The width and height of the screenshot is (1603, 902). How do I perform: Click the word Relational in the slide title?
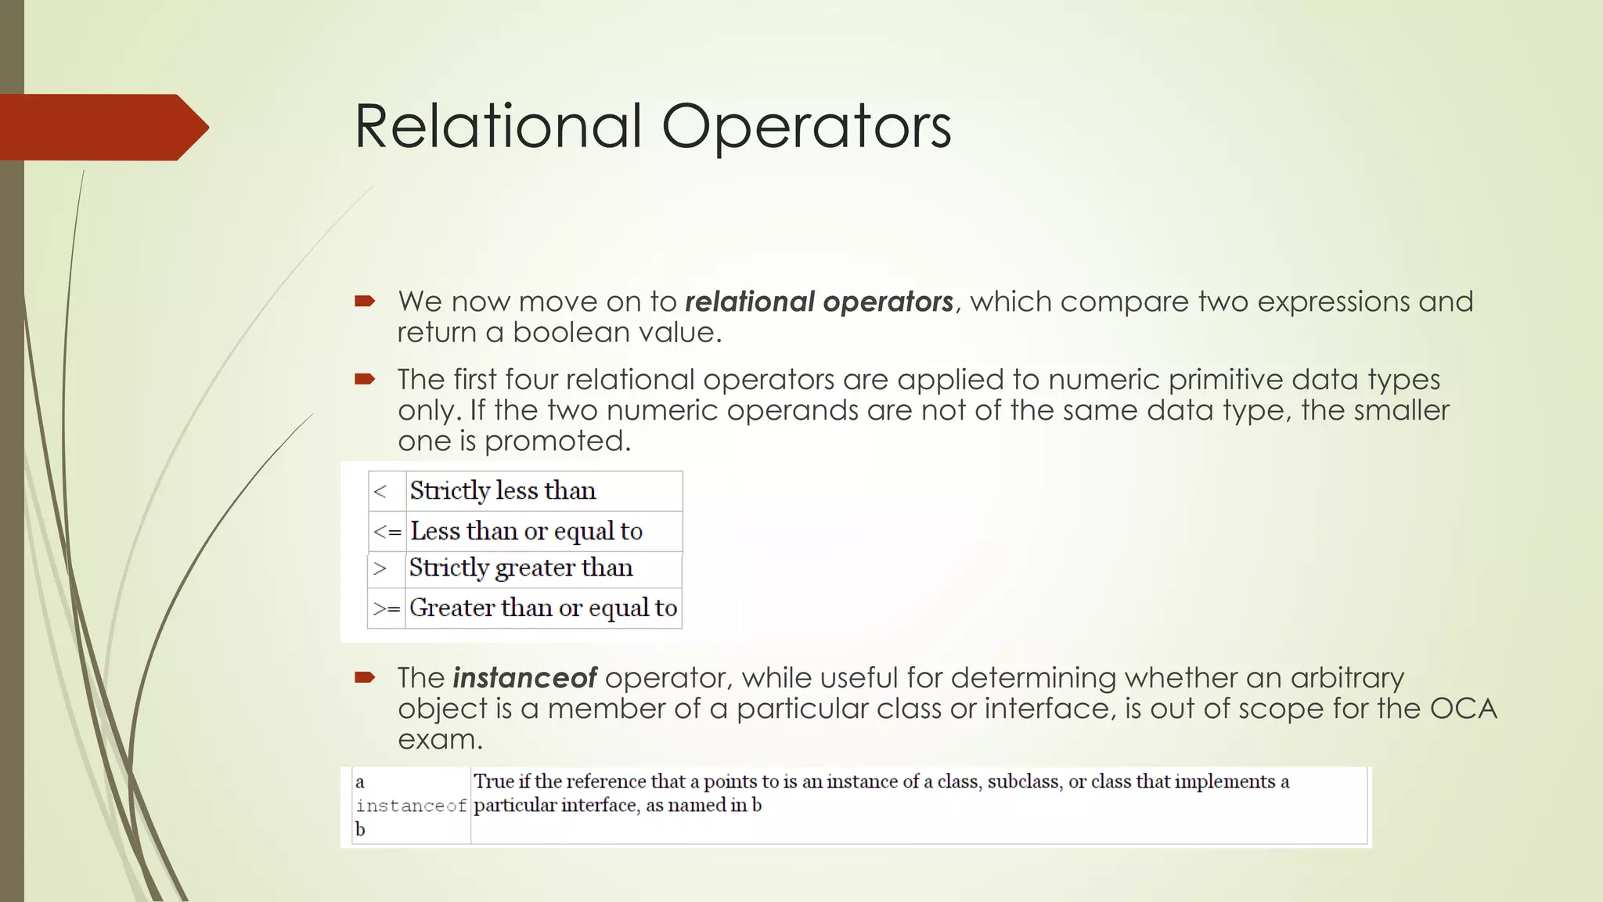click(x=498, y=127)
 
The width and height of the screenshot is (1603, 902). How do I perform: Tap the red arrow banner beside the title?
click(x=102, y=128)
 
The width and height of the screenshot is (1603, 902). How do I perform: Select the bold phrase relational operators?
click(x=819, y=301)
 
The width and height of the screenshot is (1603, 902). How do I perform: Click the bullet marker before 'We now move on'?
click(x=365, y=301)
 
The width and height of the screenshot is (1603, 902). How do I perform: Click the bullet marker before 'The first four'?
click(x=365, y=380)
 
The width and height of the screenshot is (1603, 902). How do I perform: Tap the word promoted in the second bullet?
click(x=557, y=442)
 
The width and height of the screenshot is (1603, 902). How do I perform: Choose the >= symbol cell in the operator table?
click(x=387, y=608)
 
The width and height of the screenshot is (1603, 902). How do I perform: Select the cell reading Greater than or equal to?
click(x=542, y=608)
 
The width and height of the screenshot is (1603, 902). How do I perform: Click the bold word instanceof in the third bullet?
click(x=524, y=678)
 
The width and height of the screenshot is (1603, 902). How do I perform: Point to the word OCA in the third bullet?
click(x=1463, y=709)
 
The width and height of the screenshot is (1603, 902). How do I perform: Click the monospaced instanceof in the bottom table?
click(x=411, y=806)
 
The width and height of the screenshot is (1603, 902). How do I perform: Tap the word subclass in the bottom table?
click(x=1023, y=781)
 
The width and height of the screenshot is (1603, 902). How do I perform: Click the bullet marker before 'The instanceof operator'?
click(x=365, y=678)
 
